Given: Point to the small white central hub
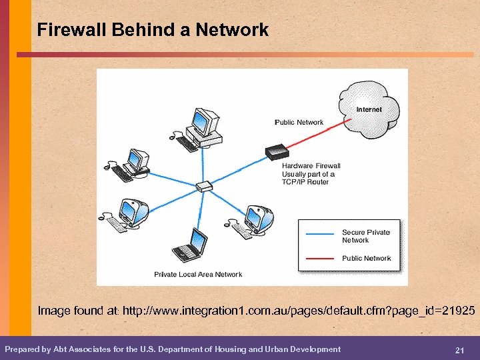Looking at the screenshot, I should pyautogui.click(x=205, y=185).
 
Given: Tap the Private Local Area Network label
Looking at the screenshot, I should pyautogui.click(x=198, y=275).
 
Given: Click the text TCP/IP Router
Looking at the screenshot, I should pyautogui.click(x=305, y=182).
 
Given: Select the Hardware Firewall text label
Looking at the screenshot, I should pyautogui.click(x=311, y=166).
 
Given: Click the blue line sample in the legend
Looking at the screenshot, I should pyautogui.click(x=318, y=234).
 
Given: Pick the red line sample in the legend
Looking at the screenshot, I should pyautogui.click(x=318, y=257).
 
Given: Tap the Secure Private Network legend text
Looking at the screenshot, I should pyautogui.click(x=366, y=236).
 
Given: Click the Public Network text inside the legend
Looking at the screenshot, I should pyautogui.click(x=367, y=258).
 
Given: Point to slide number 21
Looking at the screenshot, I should pyautogui.click(x=459, y=351).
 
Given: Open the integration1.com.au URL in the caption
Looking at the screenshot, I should pyautogui.click(x=299, y=311).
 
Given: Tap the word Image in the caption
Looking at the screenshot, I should pyautogui.click(x=53, y=311).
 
